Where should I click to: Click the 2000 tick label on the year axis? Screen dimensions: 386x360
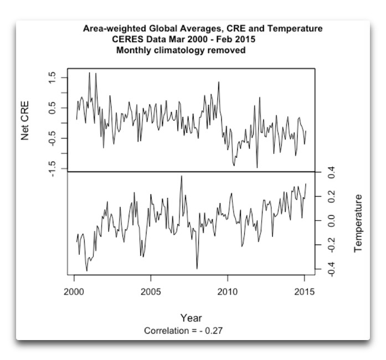(x=74, y=292)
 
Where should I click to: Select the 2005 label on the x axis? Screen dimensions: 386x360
(x=151, y=292)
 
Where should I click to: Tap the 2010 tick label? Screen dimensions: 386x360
(x=228, y=292)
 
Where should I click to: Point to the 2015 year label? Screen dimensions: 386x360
(x=305, y=292)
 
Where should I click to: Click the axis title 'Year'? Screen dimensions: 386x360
(x=191, y=318)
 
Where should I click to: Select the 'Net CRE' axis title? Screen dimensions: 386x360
(x=25, y=121)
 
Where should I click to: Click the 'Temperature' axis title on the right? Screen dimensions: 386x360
(x=358, y=223)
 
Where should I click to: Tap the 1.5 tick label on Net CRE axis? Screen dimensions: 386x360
(x=52, y=78)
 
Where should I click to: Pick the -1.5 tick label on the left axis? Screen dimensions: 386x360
(x=52, y=169)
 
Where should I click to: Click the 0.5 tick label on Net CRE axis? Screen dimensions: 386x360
(x=52, y=108)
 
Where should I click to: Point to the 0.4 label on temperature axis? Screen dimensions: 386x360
(x=331, y=172)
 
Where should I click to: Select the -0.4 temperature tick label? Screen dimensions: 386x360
(x=331, y=269)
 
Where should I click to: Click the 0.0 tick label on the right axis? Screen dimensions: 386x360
(x=331, y=220)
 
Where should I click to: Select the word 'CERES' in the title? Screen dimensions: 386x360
(x=126, y=39)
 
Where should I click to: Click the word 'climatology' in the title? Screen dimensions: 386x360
(x=179, y=50)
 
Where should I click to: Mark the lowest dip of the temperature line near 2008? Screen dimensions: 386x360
(x=197, y=269)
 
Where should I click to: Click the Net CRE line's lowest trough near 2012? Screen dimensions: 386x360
(x=257, y=167)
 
